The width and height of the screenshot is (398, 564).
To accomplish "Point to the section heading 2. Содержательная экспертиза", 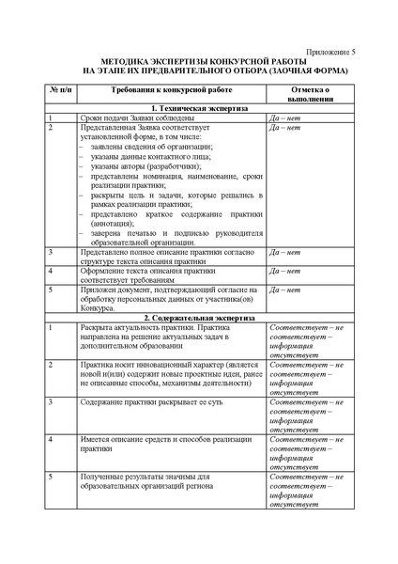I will coord(199,317).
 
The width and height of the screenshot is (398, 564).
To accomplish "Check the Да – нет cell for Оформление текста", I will coord(285,271).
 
